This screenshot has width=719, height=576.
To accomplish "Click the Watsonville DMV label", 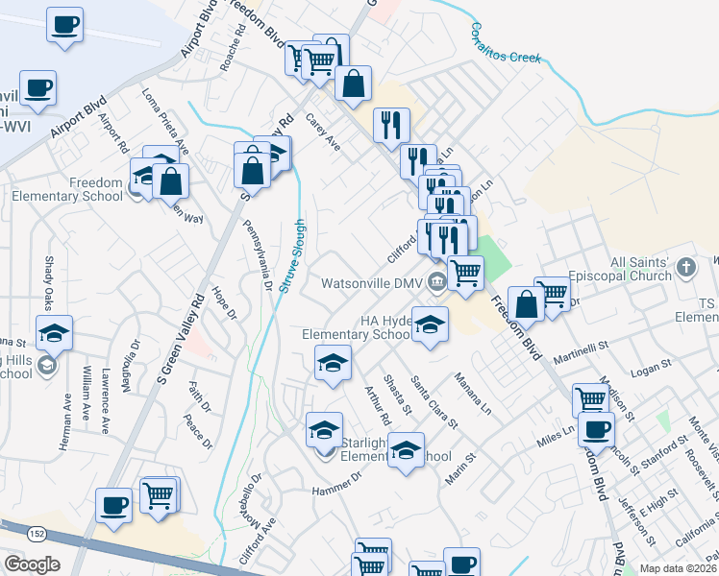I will click(372, 283).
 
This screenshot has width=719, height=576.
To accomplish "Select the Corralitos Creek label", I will click(506, 44).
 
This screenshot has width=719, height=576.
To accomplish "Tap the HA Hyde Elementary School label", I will click(356, 327).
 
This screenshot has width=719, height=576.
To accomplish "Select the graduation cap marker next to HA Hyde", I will click(430, 324).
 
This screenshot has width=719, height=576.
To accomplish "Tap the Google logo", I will click(32, 564).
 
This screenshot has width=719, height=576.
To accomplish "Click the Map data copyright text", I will click(677, 568).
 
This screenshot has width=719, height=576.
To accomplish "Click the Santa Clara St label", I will click(434, 400).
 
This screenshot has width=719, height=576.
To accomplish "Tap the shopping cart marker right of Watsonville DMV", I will click(465, 272).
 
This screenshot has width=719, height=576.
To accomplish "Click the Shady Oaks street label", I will click(47, 276).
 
